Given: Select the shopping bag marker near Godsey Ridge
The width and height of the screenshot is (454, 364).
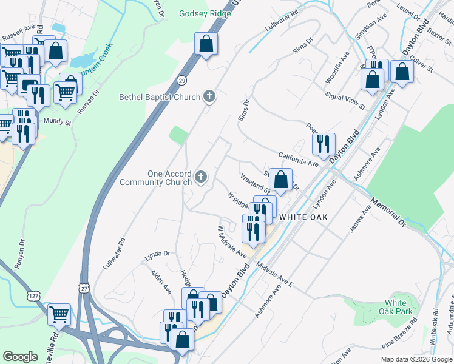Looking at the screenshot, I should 206,44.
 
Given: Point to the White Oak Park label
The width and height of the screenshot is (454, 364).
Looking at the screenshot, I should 399,307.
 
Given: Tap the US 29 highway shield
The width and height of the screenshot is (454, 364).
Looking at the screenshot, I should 181,80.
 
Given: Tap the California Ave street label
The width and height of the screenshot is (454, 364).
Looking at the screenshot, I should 299,159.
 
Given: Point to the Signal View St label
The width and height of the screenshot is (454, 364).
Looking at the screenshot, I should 345,101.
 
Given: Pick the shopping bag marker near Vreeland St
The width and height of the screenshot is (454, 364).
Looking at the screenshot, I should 280,179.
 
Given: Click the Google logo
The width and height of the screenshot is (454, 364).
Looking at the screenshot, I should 20,357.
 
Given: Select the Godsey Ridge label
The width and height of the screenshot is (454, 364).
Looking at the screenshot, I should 202,13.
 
